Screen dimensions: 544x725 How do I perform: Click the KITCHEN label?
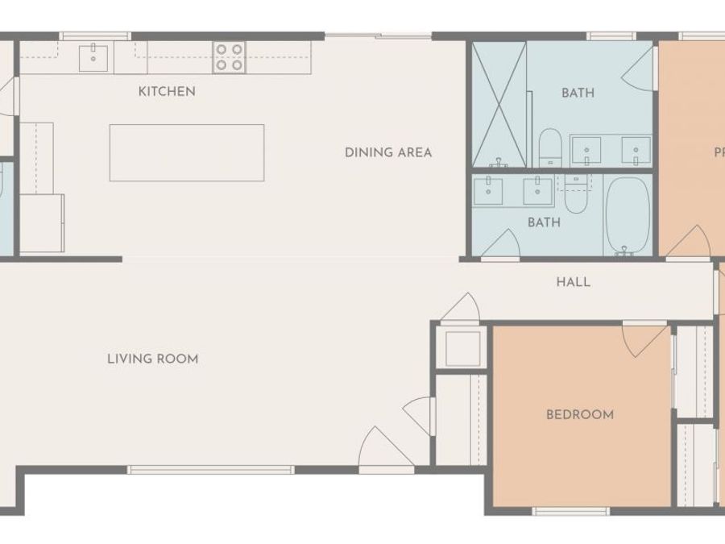tap(167, 91)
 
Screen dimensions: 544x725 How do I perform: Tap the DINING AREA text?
tap(388, 152)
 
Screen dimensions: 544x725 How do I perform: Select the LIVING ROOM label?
tap(152, 359)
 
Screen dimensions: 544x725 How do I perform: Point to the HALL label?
tap(573, 282)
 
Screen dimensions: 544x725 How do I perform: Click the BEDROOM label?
tap(580, 414)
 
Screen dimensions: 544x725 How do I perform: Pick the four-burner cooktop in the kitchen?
tap(229, 58)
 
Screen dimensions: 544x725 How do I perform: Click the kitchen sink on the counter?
tap(94, 57)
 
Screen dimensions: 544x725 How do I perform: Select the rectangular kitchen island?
tap(187, 152)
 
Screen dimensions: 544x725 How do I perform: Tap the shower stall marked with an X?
tap(499, 105)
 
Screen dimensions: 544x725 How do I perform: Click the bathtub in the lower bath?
tap(628, 215)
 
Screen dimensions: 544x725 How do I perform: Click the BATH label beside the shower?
tap(578, 93)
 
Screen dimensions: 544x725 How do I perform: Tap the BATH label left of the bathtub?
tap(544, 222)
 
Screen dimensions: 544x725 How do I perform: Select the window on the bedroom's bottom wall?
tap(570, 511)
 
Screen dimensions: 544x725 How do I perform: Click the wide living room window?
tap(210, 469)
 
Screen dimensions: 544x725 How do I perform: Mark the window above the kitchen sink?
tap(95, 35)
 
